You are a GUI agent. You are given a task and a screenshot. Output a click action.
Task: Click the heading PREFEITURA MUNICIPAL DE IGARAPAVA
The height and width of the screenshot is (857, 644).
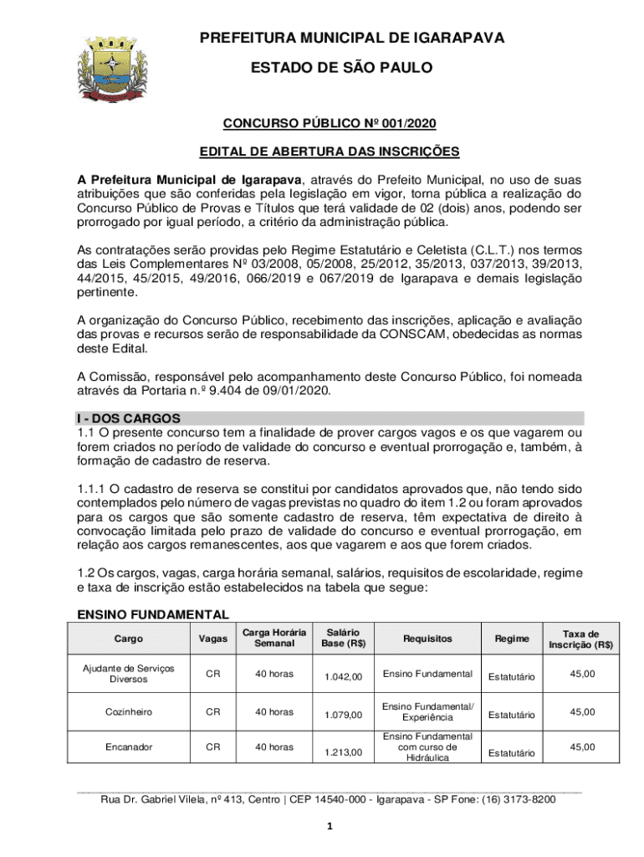coord(341,38)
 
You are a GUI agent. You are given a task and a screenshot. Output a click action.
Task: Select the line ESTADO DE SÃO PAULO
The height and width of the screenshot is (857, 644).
coord(341,68)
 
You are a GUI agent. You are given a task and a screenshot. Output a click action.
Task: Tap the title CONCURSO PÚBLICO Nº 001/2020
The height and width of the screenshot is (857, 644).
coord(329,125)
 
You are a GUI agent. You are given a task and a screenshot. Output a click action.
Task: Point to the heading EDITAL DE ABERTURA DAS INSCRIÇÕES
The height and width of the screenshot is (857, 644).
coord(329,152)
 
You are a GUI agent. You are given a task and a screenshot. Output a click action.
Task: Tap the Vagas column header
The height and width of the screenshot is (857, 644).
coord(213,639)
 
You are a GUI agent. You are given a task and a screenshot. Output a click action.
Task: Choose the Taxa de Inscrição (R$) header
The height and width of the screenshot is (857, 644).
coord(580,639)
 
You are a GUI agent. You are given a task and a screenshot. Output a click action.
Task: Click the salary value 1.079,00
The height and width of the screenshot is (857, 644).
coord(343,716)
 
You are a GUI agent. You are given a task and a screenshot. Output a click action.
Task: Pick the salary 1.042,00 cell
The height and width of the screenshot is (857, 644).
coord(343,677)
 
